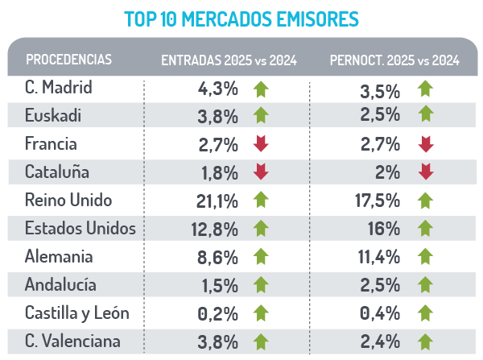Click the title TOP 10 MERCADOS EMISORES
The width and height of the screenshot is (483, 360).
[x=242, y=18]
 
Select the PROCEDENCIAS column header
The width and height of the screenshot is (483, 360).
[x=68, y=60]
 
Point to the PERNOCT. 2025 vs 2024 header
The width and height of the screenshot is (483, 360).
[x=394, y=60]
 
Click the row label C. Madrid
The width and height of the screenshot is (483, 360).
[x=59, y=88]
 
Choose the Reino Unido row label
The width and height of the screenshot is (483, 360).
[x=68, y=200]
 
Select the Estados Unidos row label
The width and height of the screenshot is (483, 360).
[x=80, y=228]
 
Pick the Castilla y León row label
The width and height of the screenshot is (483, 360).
[x=77, y=312]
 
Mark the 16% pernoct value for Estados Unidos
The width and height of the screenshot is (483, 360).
[x=386, y=230]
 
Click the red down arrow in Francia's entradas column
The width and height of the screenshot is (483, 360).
[x=260, y=144]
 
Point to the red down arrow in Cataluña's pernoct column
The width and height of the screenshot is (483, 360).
[x=426, y=172]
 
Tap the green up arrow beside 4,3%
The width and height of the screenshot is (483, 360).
[x=260, y=89]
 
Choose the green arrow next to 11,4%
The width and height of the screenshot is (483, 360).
[x=426, y=257]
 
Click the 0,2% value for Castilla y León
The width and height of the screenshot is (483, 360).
[x=218, y=313]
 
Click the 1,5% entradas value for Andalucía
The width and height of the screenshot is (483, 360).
[x=220, y=285]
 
